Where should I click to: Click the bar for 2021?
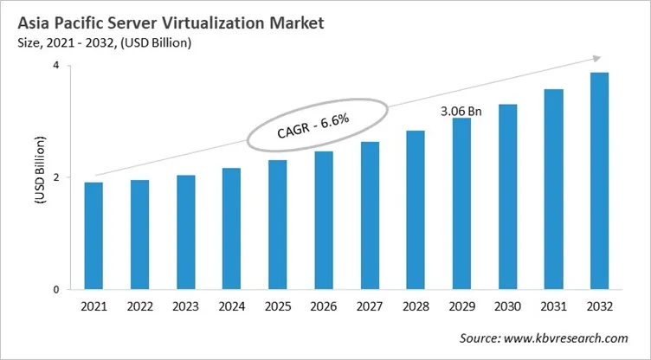pos(93,235)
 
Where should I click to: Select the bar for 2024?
pos(231,228)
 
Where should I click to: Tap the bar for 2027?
pos(370,215)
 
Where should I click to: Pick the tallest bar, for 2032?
pos(599,181)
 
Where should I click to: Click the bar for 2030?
pos(507,196)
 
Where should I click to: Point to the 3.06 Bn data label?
pos(461,111)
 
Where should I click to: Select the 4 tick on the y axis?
pos(55,66)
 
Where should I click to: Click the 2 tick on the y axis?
pos(55,177)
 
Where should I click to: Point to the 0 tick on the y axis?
pos(55,290)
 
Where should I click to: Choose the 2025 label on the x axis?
pos(277,308)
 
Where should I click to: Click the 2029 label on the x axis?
pos(461,308)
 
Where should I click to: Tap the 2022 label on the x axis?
pos(139,308)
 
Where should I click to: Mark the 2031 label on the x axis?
pos(553,308)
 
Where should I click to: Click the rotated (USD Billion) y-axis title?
pos(39,177)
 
